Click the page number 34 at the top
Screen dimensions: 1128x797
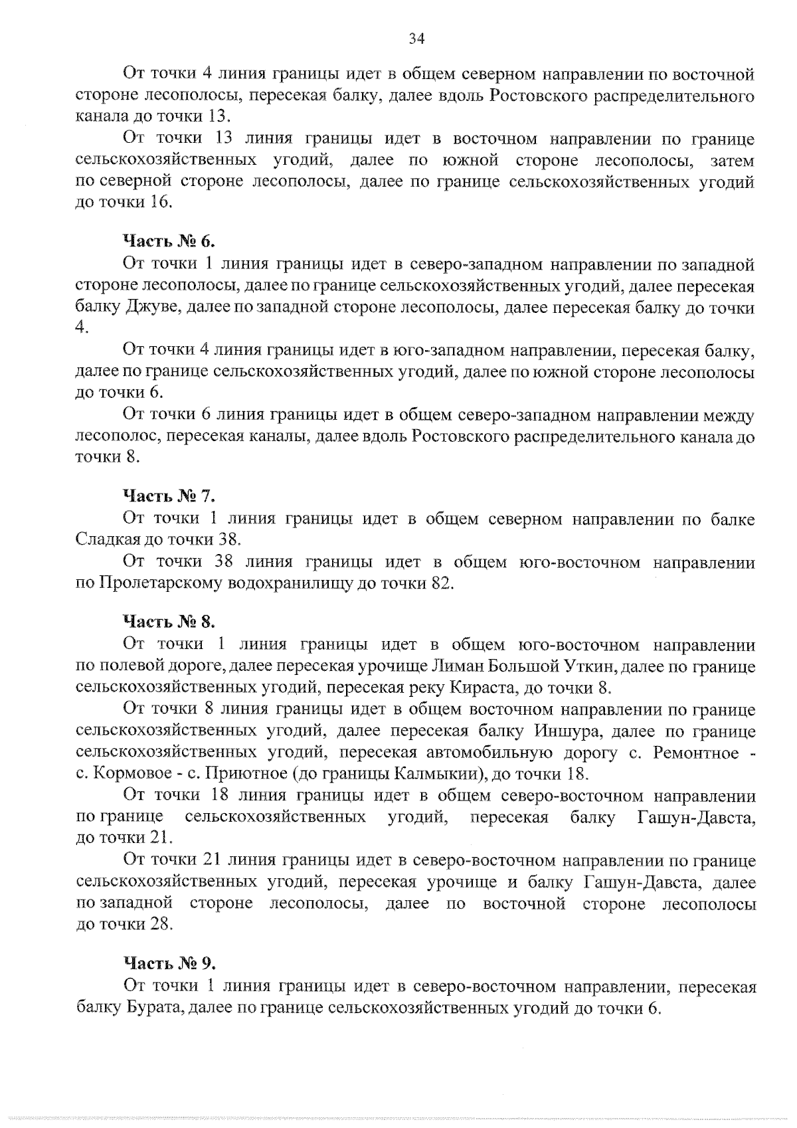(416, 39)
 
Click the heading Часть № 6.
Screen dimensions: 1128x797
(169, 241)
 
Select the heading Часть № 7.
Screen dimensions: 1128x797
(169, 496)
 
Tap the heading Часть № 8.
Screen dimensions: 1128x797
(169, 622)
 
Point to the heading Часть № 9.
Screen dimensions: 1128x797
(169, 963)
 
